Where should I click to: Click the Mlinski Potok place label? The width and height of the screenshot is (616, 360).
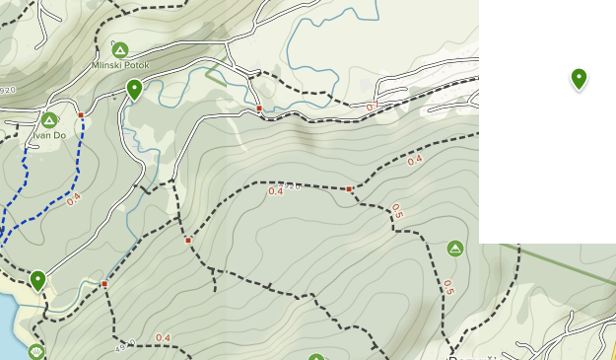tap(118, 65)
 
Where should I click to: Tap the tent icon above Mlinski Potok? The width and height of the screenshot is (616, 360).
tap(119, 49)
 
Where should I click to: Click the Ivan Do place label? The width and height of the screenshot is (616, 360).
tap(49, 134)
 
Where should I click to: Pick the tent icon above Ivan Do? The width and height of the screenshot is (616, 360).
tap(48, 119)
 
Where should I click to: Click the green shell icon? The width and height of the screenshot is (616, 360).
tap(36, 351)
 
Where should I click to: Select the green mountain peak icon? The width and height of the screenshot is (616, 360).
tap(454, 248)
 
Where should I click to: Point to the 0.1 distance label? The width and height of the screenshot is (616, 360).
tap(372, 106)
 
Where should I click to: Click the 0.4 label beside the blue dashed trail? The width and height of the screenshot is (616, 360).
tap(74, 197)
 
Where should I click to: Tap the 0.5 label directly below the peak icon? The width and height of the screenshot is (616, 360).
tap(448, 287)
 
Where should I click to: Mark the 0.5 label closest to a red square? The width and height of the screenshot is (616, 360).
tap(396, 210)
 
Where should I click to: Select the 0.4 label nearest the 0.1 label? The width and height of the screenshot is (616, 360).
tap(414, 160)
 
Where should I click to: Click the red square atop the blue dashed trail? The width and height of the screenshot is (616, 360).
tap(81, 115)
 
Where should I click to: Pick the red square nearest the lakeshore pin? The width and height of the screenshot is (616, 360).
tap(104, 284)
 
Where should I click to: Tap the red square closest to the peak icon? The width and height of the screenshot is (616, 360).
tap(349, 188)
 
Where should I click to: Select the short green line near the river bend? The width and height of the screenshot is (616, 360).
tap(216, 76)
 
